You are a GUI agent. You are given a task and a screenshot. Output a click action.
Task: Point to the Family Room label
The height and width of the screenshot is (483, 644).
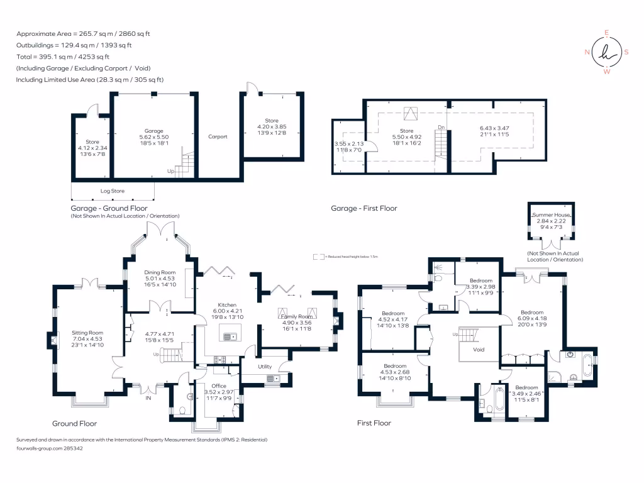coord(296,316)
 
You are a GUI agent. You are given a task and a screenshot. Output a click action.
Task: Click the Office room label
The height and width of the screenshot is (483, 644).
coord(218,386)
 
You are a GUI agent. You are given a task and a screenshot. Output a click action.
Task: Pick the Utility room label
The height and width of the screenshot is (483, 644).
coord(265,366)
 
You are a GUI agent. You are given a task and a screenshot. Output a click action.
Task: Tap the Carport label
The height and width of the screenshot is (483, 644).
coord(218,136)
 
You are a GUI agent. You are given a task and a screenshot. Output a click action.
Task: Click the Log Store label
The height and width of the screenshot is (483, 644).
coord(113,191)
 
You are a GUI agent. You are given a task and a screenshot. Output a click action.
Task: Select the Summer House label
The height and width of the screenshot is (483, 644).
coord(550,215)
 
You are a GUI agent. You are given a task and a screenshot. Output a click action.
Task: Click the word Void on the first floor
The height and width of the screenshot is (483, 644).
coord(479,350)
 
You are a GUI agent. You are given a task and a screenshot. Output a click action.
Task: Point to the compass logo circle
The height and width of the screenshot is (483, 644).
coord(607,52)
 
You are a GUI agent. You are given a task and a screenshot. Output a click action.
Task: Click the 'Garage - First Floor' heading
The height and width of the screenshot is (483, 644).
coord(364,208)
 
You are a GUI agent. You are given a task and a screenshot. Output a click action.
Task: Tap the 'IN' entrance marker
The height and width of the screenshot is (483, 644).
coord(148,398)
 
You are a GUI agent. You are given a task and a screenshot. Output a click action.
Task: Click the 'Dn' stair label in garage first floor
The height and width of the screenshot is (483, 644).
coord(441,127)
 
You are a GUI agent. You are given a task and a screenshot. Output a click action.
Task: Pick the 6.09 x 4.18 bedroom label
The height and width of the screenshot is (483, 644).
coord(532,318)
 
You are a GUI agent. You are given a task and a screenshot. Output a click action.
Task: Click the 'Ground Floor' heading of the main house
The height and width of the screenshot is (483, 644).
coord(74,423)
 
